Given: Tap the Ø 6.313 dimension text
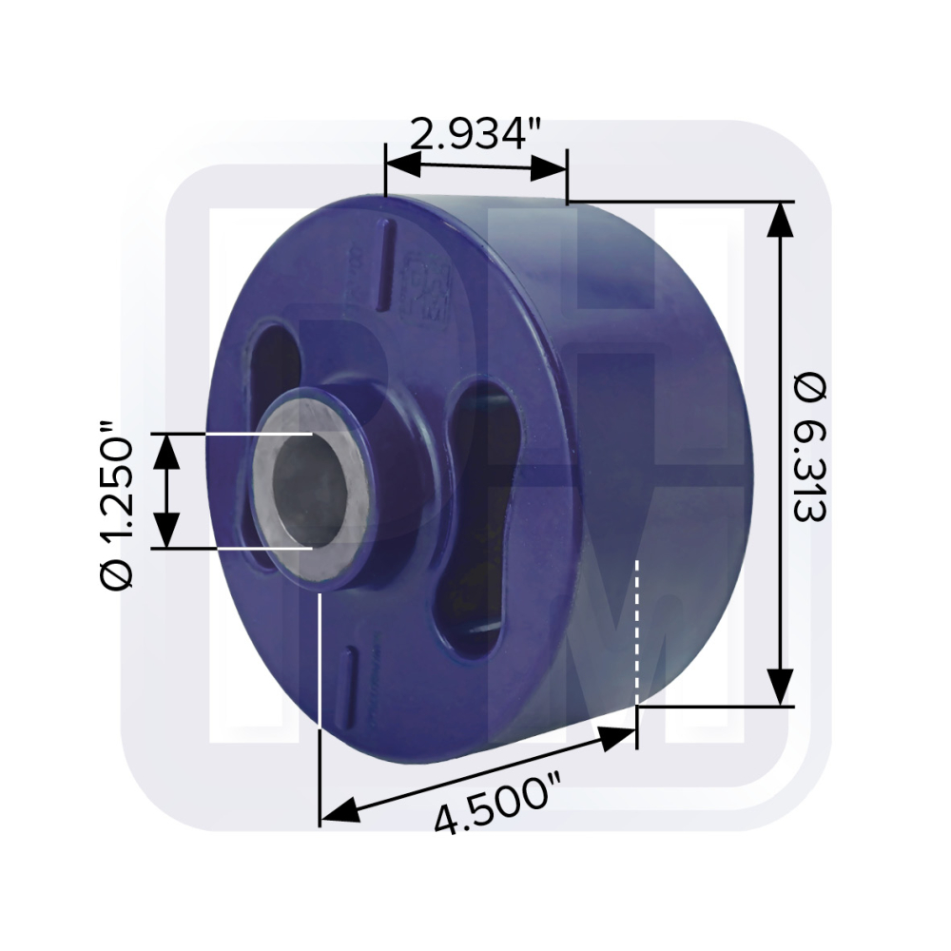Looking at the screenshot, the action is (810, 448).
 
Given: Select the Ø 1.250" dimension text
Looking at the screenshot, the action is (115, 505).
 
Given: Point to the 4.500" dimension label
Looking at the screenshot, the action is (492, 802).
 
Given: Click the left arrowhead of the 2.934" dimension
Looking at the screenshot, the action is (402, 165).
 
